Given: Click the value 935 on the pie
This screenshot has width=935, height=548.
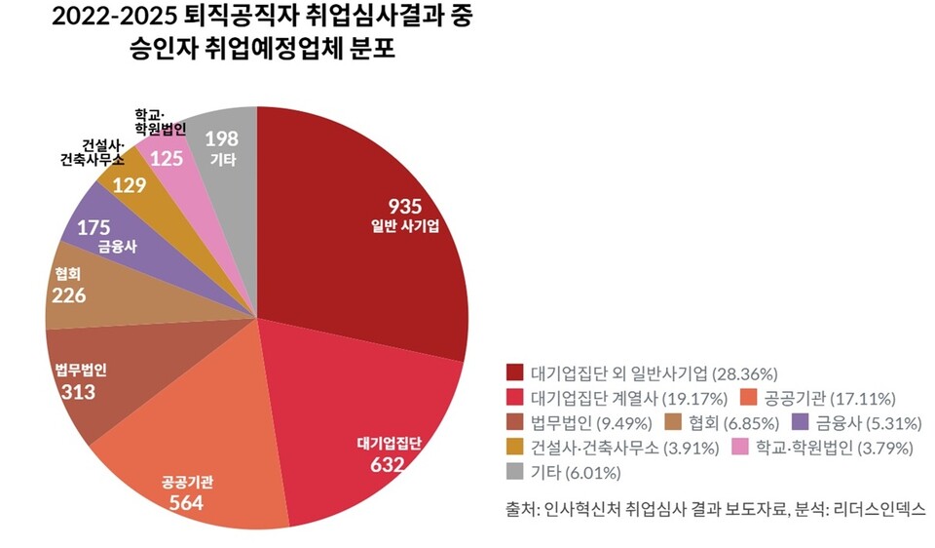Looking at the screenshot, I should click(x=404, y=206).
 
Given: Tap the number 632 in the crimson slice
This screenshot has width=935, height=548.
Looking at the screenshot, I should click(x=388, y=464).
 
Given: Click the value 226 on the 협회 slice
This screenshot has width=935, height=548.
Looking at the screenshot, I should click(x=68, y=295).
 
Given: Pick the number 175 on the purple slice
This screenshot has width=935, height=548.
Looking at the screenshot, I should click(x=93, y=227).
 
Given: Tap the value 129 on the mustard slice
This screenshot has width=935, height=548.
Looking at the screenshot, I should click(x=130, y=185).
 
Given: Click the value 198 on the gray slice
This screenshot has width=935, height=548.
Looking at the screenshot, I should click(x=221, y=137).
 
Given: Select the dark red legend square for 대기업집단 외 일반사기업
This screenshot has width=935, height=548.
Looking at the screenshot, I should click(x=515, y=373).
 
